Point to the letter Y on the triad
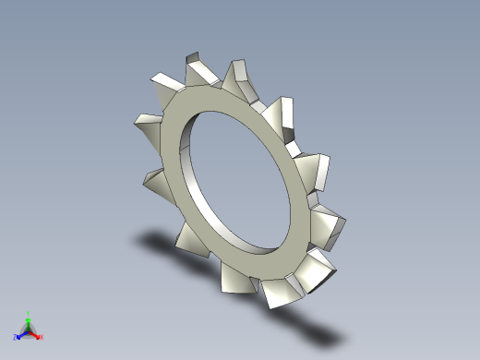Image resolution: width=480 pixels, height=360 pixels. [x=29, y=313]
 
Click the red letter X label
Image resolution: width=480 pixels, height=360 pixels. [x=42, y=337]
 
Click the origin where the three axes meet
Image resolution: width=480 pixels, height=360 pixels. [x=29, y=330]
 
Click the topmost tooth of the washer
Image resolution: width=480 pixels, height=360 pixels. [x=197, y=68]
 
